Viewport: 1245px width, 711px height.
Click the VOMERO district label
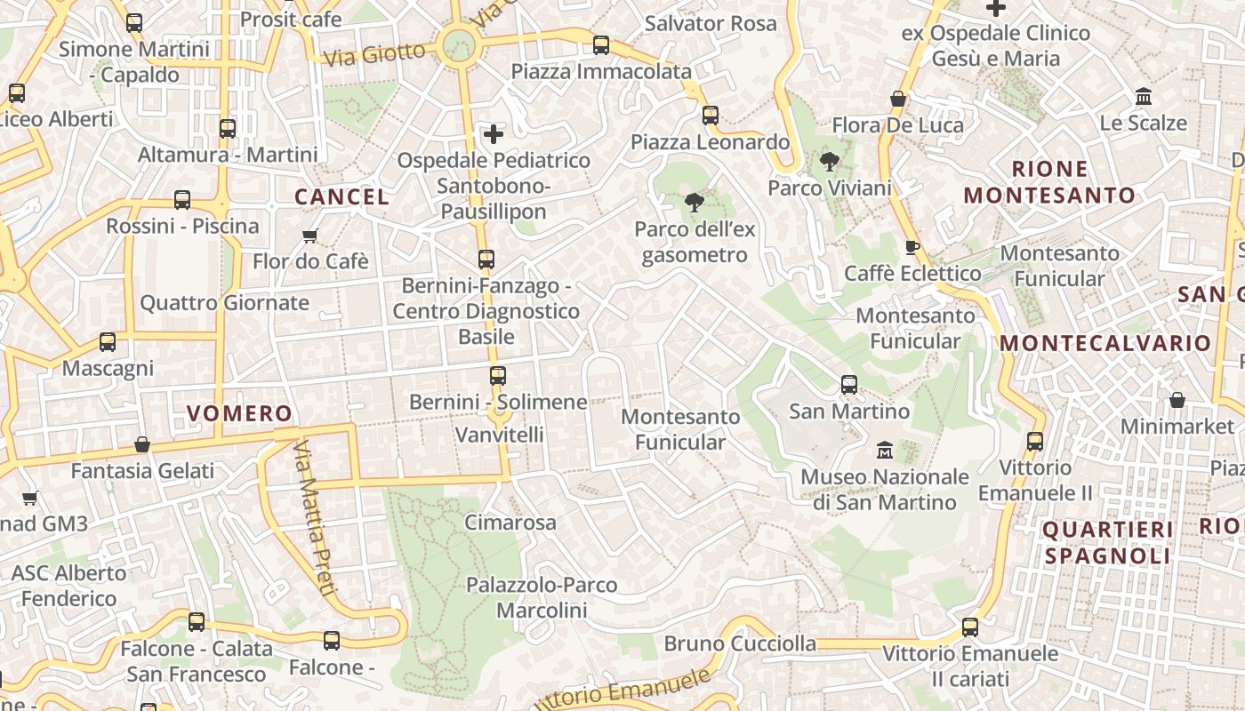[239, 413]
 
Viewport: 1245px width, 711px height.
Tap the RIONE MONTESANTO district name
[1049, 182]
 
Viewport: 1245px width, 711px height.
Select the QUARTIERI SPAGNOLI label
[1107, 543]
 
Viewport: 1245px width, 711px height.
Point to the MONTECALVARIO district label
[1105, 343]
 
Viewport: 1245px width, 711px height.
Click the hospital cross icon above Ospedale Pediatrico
[493, 134]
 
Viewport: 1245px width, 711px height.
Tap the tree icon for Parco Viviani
[829, 162]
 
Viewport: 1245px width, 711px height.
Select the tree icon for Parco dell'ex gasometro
[694, 203]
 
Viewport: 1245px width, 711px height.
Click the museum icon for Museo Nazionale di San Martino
[884, 451]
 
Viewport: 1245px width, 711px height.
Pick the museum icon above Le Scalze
[1144, 96]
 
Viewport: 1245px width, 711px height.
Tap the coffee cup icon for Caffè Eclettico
[912, 247]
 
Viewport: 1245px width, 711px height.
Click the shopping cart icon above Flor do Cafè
[309, 236]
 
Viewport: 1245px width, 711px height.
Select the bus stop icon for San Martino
[849, 385]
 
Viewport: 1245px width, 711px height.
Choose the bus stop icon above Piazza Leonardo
[710, 116]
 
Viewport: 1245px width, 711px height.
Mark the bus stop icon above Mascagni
[108, 342]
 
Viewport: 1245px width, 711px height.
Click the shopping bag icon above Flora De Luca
[898, 99]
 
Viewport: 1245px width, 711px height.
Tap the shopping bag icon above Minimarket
[1177, 400]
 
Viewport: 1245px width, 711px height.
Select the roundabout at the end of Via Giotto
[457, 44]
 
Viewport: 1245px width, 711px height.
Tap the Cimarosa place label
[510, 523]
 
